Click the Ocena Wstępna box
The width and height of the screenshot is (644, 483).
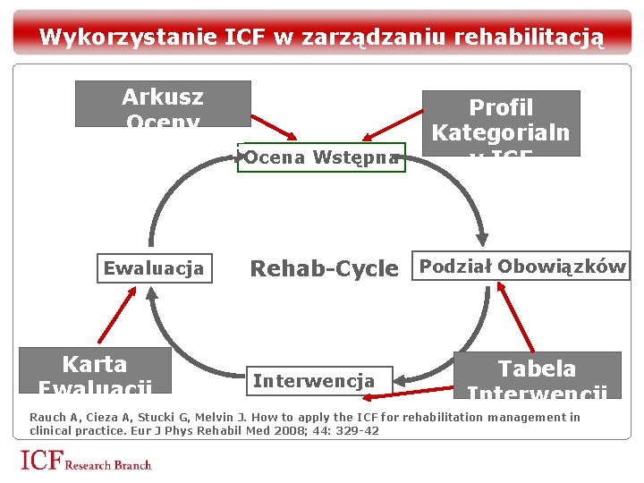click(321, 157)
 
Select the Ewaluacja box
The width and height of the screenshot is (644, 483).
click(154, 268)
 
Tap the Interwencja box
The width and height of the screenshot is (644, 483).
click(313, 381)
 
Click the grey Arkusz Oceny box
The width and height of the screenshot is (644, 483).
click(163, 104)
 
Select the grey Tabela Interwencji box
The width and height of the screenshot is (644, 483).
click(537, 375)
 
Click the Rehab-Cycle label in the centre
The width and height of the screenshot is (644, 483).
click(324, 268)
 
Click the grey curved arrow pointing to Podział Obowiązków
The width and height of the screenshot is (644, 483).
click(466, 192)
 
